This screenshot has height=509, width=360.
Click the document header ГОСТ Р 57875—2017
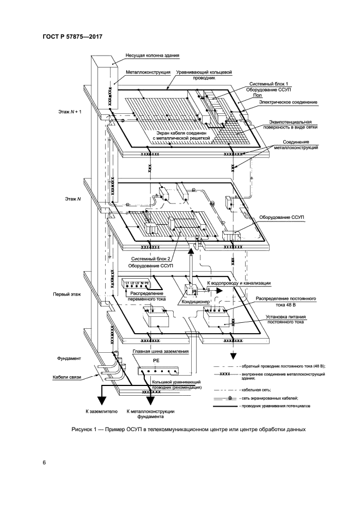[72, 36]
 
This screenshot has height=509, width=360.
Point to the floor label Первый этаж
[67, 294]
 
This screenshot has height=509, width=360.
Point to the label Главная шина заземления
[161, 352]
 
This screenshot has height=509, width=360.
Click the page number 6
[44, 463]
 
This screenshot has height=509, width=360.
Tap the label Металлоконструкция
[149, 71]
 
